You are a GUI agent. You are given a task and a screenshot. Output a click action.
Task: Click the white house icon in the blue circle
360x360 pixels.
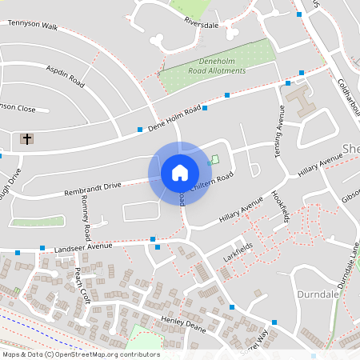click(180, 173)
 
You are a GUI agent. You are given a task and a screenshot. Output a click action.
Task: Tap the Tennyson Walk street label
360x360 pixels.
click(34, 26)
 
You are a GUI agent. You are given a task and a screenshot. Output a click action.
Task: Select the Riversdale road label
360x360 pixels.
click(201, 23)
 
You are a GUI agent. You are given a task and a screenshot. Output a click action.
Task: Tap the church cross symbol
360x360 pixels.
click(27, 139)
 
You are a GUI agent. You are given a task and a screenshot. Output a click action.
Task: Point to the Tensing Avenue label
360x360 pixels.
click(281, 127)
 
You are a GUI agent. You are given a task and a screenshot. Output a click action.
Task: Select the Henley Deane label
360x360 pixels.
click(183, 320)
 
